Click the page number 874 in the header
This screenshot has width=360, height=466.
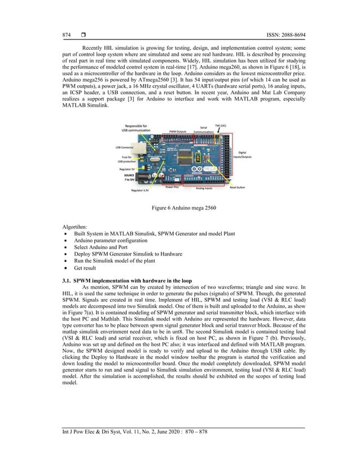click(67, 36)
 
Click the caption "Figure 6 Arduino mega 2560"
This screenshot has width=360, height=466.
click(180, 208)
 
